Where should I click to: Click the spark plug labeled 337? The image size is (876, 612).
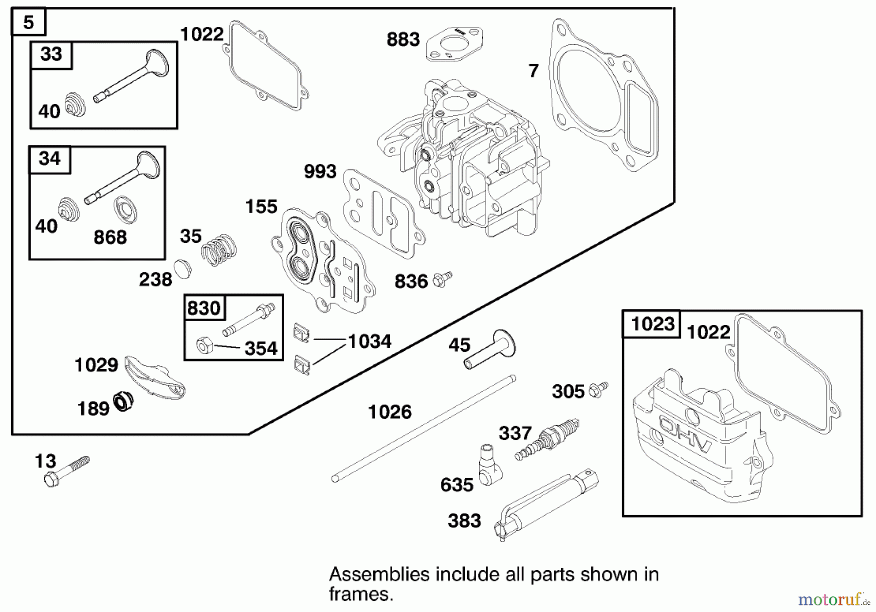pos(547,439)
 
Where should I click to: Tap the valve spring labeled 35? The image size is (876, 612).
pos(219,250)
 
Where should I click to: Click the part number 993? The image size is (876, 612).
pos(320,172)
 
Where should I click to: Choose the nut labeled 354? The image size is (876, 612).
pos(204,346)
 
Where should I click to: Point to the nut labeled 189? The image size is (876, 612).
pos(124,401)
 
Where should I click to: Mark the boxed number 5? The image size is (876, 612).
pos(28,22)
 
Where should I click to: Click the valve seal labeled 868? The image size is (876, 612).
pos(126,209)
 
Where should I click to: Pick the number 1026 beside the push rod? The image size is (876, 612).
pos(390,412)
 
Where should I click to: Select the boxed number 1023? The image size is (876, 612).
pos(652,324)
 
